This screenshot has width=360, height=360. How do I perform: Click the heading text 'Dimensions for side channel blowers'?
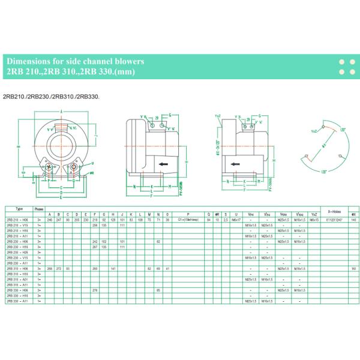tap(74, 61)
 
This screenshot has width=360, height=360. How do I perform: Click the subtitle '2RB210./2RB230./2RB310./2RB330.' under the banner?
tap(51, 95)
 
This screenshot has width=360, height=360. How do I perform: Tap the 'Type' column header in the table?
tap(20, 208)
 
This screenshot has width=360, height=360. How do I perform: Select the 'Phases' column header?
tap(39, 208)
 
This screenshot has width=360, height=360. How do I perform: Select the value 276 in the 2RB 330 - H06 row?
tap(95, 290)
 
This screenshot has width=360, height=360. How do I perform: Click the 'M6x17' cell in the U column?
tap(236, 220)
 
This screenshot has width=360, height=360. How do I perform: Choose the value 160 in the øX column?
tap(354, 268)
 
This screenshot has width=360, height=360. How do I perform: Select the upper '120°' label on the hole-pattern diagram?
tap(343, 130)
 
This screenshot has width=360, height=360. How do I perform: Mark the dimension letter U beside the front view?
tap(94, 173)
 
